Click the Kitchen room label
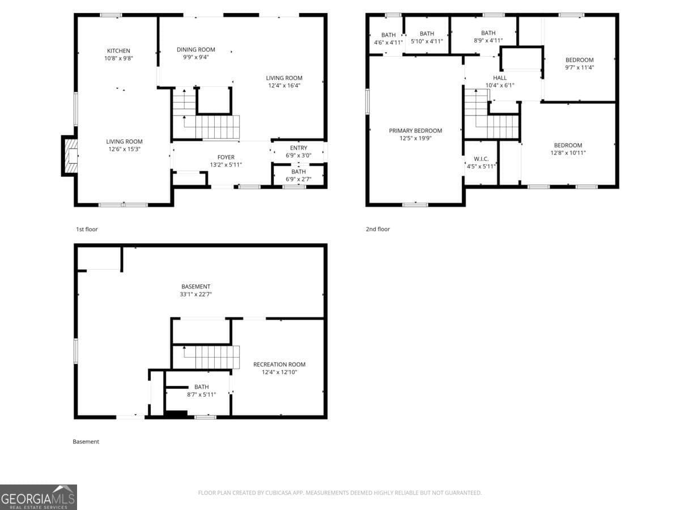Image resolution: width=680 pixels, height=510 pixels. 118,51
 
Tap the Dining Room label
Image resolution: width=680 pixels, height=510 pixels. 195,50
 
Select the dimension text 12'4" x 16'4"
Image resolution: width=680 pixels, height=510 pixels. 284,86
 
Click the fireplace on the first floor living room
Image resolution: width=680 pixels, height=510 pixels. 70,155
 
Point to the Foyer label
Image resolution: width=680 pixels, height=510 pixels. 226,158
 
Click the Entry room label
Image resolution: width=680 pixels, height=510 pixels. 298,148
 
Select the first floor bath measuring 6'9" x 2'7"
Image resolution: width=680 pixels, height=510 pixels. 298,176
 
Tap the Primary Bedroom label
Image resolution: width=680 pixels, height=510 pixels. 415,131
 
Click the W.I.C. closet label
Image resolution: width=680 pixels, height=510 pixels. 481,159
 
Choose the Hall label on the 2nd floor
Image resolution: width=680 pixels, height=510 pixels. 499,78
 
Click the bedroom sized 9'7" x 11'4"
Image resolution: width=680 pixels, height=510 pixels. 579,63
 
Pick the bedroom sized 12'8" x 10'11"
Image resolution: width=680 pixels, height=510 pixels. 568,149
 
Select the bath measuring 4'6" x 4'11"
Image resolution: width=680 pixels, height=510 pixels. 388,39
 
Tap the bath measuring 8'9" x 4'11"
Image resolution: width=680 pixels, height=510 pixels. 488,37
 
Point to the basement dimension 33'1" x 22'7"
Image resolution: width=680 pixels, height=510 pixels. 195,294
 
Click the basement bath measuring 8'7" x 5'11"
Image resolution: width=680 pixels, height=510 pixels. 201,391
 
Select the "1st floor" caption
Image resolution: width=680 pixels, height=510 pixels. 87,229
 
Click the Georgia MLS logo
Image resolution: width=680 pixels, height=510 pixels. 38,497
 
